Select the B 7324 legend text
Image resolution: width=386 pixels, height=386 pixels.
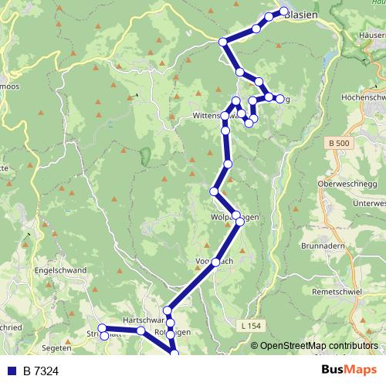coord(41,371)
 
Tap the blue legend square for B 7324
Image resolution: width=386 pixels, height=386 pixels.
coord(12,371)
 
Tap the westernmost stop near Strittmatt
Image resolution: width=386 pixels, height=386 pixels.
coord(102,329)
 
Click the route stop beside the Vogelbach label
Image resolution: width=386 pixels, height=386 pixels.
coord(215,262)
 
